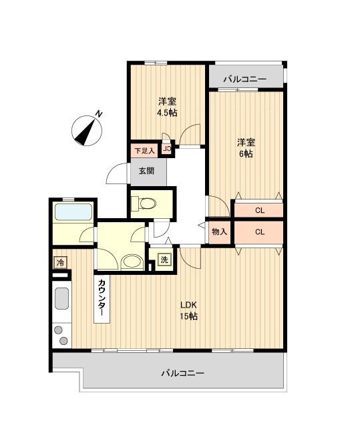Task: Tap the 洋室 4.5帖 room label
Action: click(167, 107)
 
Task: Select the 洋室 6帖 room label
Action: click(246, 147)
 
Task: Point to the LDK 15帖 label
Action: click(188, 311)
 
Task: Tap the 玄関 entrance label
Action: click(146, 171)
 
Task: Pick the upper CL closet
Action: click(258, 210)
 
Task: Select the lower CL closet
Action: click(258, 233)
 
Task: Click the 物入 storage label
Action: click(219, 232)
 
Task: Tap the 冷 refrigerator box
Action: click(61, 262)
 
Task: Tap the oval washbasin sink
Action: click(132, 262)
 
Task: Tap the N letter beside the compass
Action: click(99, 114)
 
